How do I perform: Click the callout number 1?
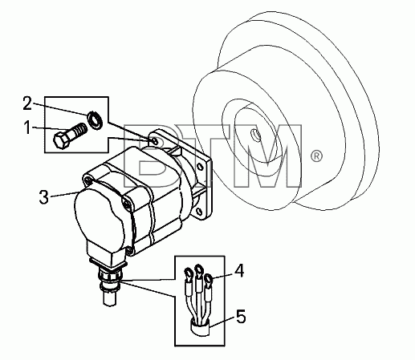[x=27, y=127]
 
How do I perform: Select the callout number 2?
[x=27, y=103]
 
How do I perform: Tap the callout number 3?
[x=44, y=197]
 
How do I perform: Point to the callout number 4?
[x=239, y=270]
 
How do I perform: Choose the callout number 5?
[x=241, y=317]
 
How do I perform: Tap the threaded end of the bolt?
[x=80, y=130]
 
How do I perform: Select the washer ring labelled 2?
[x=94, y=119]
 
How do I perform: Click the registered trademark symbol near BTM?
[x=316, y=156]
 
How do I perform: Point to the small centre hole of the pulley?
[x=255, y=135]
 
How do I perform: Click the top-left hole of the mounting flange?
[x=155, y=140]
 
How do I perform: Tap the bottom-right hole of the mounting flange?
[x=199, y=212]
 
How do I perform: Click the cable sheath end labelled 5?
[x=200, y=328]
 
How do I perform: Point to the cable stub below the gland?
[x=109, y=300]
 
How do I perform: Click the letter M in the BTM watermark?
[x=268, y=156]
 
